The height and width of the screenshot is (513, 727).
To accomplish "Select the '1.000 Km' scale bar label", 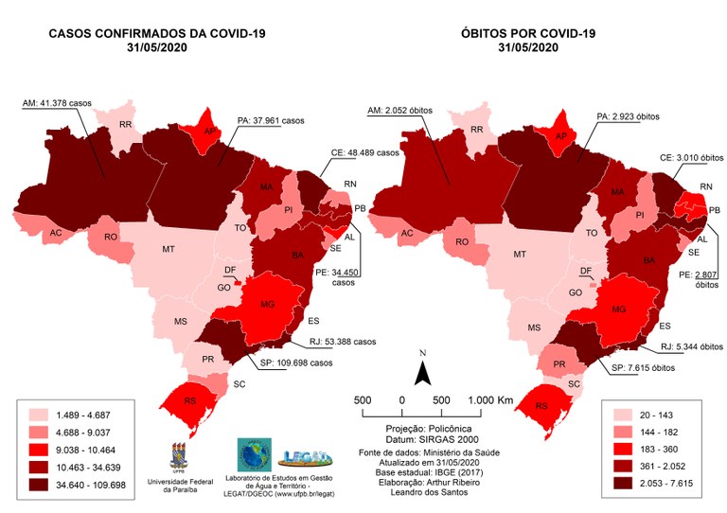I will coord(492,400).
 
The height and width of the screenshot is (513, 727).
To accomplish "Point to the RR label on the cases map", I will coord(126,125).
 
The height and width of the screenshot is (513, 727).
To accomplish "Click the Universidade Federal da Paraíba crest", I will coord(177,456).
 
